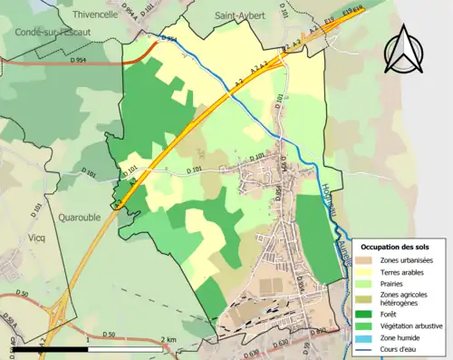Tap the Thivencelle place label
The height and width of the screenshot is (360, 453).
click(x=94, y=15)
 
